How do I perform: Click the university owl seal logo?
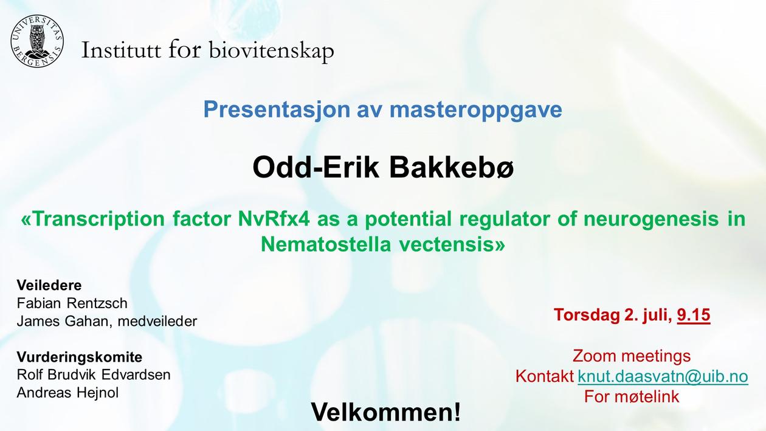[x=37, y=41]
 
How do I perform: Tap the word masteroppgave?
[x=476, y=110]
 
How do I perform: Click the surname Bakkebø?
[x=451, y=168]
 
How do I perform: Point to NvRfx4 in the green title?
[x=274, y=219]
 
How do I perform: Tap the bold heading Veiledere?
[x=49, y=285]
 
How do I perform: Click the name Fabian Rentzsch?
[x=72, y=303]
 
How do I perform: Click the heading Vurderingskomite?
[x=79, y=357]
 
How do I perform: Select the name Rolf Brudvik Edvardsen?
[x=94, y=375]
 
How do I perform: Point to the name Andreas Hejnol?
[x=67, y=393]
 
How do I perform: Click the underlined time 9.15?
[x=694, y=315]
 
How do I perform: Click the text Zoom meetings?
[x=632, y=356]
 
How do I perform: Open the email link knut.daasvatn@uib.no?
[x=663, y=376]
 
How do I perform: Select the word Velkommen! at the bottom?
[x=385, y=412]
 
